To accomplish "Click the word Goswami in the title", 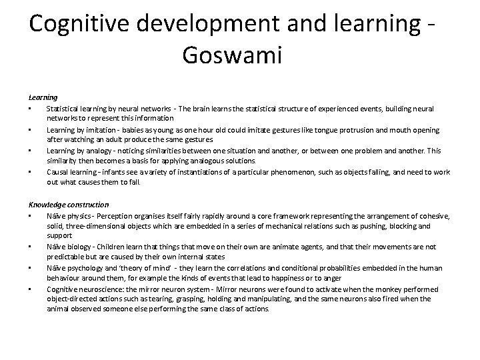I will pos(231,55).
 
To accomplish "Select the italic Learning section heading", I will pos(43,97).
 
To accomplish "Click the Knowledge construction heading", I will pos(69,204).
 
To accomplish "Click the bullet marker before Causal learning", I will pos(31,172).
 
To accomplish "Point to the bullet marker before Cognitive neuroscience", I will pos(31,289).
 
